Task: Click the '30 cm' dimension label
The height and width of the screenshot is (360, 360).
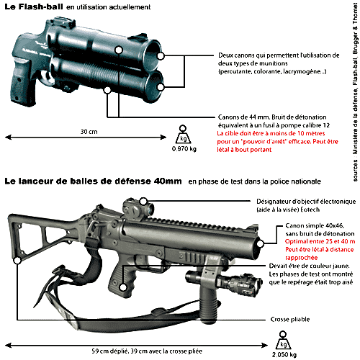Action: point(89,132)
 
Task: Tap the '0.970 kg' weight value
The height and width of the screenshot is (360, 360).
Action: point(184,149)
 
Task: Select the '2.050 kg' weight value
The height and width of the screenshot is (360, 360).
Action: point(284,354)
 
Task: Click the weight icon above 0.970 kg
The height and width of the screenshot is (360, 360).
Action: point(183,135)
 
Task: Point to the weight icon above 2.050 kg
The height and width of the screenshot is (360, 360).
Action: point(284,340)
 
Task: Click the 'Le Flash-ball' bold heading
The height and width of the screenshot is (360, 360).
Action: point(34,6)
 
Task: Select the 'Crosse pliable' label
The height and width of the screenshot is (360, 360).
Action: point(290,320)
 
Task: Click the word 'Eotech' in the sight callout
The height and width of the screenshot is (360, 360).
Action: point(310,210)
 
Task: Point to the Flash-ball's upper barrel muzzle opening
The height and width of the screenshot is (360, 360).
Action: point(152,55)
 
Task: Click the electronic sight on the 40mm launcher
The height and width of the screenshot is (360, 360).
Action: point(138,208)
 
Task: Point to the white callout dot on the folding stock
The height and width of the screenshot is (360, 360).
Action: point(17,261)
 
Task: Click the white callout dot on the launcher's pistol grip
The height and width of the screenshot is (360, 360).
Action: point(123,287)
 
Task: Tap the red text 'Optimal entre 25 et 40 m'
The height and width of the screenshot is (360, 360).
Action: point(320,241)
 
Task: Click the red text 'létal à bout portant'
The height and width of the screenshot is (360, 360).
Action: point(244,150)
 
